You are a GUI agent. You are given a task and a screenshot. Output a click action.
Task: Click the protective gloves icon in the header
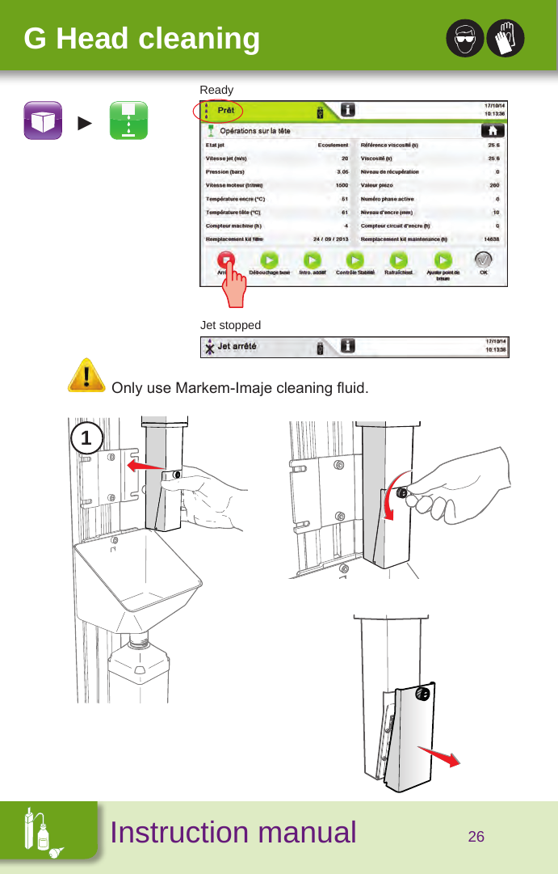(506, 38)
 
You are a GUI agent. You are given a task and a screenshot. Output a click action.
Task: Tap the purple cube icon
(43, 121)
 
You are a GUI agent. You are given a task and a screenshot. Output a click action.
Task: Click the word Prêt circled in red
(227, 110)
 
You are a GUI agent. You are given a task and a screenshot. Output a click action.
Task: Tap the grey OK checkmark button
(483, 260)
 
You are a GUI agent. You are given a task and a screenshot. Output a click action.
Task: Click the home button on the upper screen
(489, 129)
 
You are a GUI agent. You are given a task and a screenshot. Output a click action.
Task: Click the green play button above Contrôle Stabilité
(355, 260)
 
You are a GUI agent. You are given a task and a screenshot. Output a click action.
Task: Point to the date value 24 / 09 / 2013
(330, 239)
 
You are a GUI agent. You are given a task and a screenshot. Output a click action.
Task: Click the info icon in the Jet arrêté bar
(347, 347)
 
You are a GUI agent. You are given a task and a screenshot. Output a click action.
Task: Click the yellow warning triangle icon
(86, 376)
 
